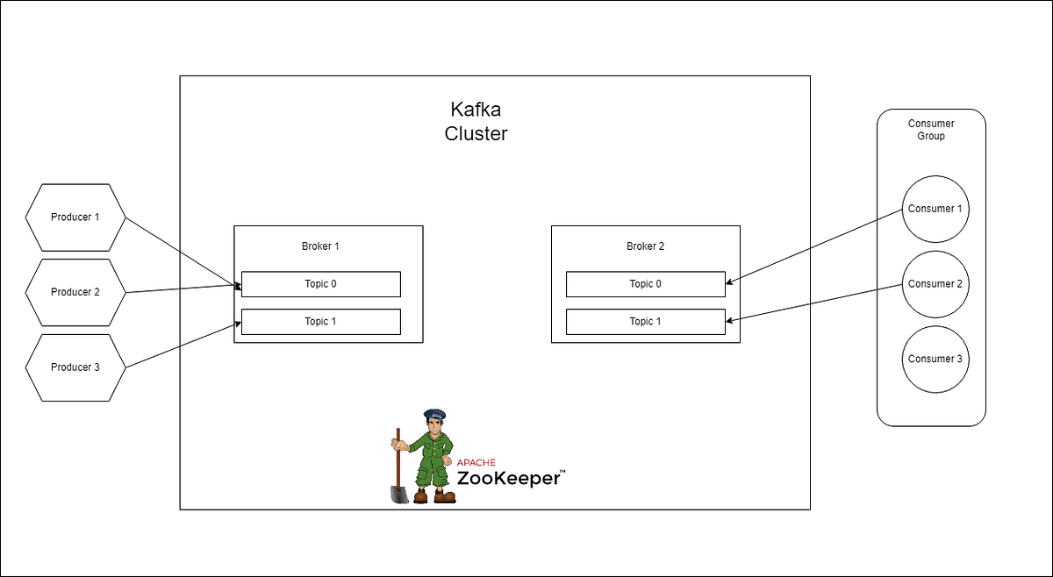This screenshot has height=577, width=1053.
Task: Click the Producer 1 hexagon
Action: [75, 217]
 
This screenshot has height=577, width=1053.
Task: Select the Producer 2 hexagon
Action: [75, 292]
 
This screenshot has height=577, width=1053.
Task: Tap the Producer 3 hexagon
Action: [75, 367]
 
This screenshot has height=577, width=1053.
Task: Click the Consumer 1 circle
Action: [935, 210]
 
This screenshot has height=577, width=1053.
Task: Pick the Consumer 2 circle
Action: [935, 284]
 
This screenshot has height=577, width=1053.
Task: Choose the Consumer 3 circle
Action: [935, 359]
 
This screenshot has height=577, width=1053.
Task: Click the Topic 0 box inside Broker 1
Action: [320, 284]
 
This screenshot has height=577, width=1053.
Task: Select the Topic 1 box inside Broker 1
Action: [320, 322]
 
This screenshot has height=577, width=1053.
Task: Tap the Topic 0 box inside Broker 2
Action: [645, 284]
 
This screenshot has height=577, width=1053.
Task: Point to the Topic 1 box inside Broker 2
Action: [645, 322]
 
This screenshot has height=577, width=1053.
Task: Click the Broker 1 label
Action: [320, 246]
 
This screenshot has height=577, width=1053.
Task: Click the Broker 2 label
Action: [645, 246]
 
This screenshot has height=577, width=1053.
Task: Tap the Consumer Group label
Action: [931, 130]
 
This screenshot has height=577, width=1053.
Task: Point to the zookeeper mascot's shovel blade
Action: [399, 494]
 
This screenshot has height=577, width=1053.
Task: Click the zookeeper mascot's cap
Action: [435, 415]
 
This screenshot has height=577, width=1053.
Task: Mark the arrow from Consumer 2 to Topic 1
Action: [816, 303]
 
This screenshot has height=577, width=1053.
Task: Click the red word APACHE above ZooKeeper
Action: [476, 462]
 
